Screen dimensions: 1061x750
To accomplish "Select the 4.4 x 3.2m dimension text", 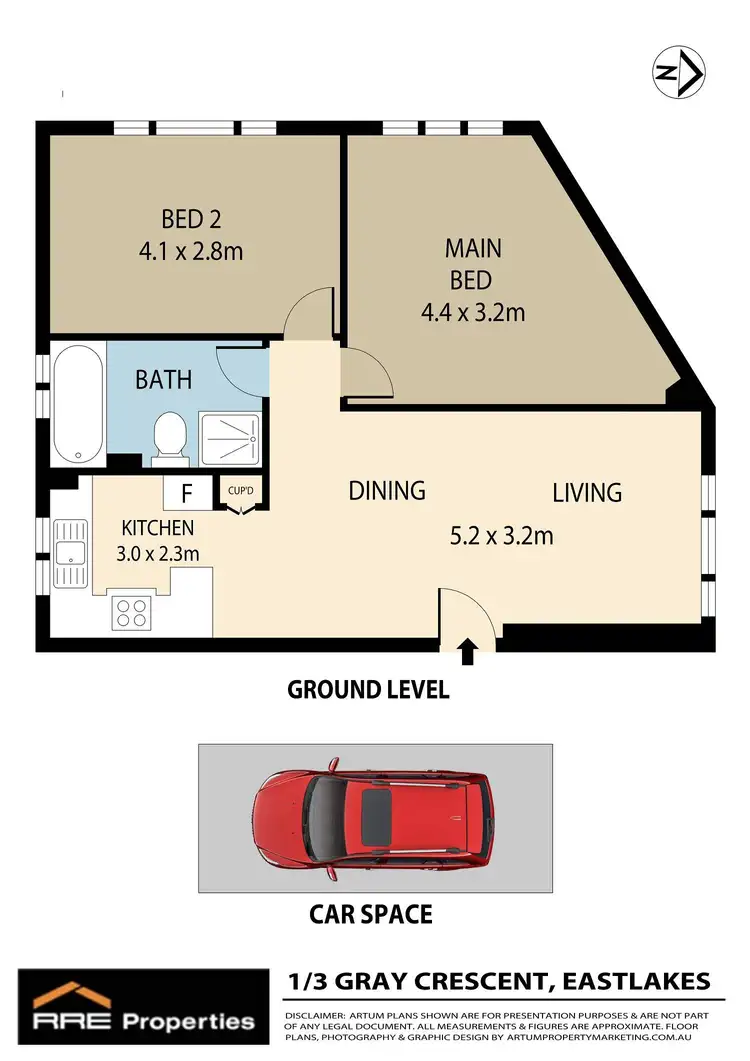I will [x=473, y=312].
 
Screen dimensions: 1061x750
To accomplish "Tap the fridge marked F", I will [x=187, y=493].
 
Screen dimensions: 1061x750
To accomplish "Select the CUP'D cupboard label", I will [x=239, y=492].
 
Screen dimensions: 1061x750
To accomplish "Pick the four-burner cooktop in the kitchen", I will [x=130, y=610].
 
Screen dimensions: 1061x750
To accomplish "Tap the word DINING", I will [x=387, y=491].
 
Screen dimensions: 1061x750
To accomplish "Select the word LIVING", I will [x=587, y=492].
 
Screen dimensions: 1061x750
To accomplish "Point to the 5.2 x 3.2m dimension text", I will [x=501, y=536].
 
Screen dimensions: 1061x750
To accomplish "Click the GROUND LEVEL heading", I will [x=368, y=689].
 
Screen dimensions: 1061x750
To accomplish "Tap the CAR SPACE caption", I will [x=370, y=914].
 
